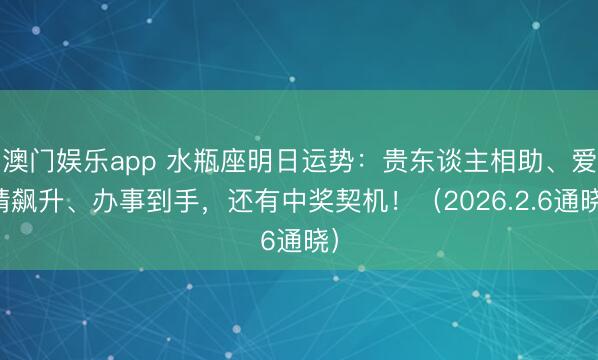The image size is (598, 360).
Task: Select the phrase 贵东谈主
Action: [x=407, y=157]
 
